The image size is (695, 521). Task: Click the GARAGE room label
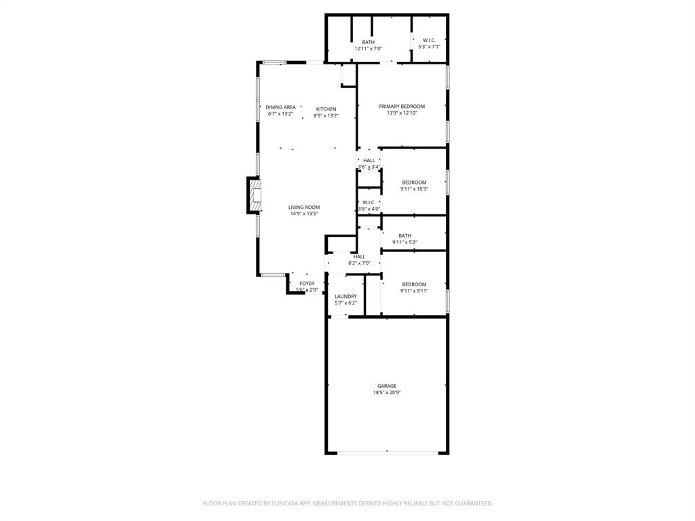[387, 386]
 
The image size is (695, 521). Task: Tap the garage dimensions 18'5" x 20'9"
[387, 393]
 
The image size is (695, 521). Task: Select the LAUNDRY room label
[345, 296]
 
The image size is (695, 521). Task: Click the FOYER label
[307, 284]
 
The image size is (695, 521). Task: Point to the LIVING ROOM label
[303, 208]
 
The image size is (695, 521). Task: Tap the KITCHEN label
[326, 109]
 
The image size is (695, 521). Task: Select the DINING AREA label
[280, 107]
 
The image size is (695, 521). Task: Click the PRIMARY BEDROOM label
[402, 107]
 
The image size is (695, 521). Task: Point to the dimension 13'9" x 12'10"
[402, 113]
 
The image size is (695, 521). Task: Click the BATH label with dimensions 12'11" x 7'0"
[368, 42]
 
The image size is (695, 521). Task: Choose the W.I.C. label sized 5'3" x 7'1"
[429, 40]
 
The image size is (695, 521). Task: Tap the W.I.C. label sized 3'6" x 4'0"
[369, 202]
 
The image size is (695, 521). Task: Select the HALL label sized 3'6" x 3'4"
[369, 161]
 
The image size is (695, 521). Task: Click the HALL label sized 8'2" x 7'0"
[359, 256]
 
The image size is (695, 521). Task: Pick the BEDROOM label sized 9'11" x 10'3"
[414, 182]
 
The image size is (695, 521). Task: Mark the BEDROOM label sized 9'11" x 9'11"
[414, 284]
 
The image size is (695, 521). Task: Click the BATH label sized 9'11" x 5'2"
[405, 236]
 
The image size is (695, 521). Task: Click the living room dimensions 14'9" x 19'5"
[303, 214]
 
